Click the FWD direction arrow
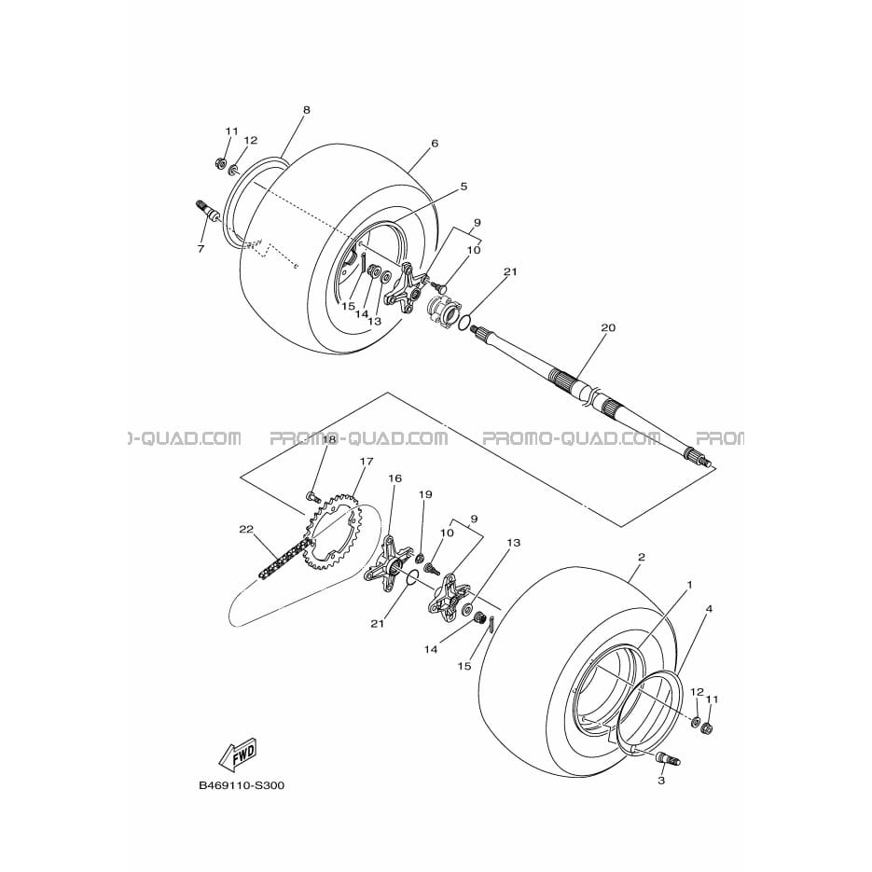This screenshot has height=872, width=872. pyautogui.click(x=239, y=754)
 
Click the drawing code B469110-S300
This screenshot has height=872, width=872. pyautogui.click(x=242, y=786)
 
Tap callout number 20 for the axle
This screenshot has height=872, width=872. pyautogui.click(x=608, y=327)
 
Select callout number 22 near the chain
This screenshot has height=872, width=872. pyautogui.click(x=246, y=530)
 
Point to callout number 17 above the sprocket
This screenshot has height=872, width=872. pyautogui.click(x=367, y=461)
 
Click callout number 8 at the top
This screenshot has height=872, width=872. pyautogui.click(x=307, y=110)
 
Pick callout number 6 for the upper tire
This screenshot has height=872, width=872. pyautogui.click(x=435, y=144)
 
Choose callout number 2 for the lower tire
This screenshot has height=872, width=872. pyautogui.click(x=642, y=557)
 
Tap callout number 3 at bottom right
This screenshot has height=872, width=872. pyautogui.click(x=661, y=781)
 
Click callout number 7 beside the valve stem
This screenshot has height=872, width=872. pyautogui.click(x=201, y=249)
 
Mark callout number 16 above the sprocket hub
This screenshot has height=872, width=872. pyautogui.click(x=394, y=478)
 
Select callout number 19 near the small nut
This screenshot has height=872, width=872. pyautogui.click(x=425, y=494)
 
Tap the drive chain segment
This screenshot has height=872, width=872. pyautogui.click(x=284, y=557)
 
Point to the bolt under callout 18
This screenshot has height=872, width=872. pyautogui.click(x=314, y=495)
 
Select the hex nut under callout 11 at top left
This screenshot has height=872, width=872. pyautogui.click(x=220, y=163)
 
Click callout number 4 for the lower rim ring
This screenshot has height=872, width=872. pyautogui.click(x=709, y=609)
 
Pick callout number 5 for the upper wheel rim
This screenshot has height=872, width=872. pyautogui.click(x=464, y=187)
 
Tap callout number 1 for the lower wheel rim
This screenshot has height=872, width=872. pyautogui.click(x=690, y=585)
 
